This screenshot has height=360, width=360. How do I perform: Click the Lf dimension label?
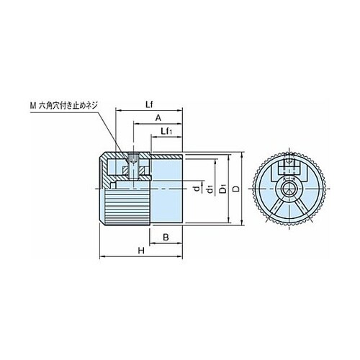coord(149,104)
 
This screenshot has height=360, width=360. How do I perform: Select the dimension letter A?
coord(158,118)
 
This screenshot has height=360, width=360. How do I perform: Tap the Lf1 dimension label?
coord(167,131)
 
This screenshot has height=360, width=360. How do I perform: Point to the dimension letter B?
coord(166,238)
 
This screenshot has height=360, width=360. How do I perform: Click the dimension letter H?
coord(141,251)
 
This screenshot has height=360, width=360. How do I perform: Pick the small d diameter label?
coord(197,189)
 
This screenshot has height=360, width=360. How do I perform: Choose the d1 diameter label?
coord(210,189)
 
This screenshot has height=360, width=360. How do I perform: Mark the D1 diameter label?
coord(223,189)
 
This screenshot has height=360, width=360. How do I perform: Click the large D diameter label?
coord(236,189)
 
